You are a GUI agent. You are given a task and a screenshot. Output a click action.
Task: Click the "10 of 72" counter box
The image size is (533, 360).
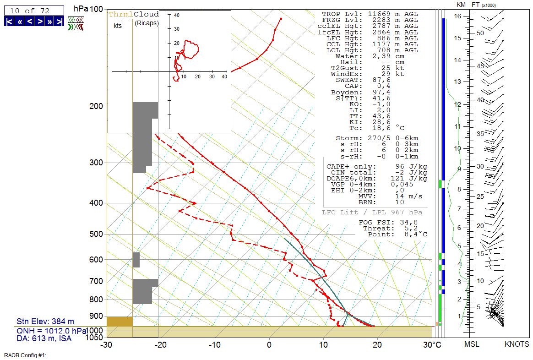(33, 10)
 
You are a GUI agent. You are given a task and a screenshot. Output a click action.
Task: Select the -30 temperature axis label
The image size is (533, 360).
(106, 344)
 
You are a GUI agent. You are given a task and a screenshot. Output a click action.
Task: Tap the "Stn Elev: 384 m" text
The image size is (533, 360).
(45, 322)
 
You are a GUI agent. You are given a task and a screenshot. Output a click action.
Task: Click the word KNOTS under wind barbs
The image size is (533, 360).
(517, 344)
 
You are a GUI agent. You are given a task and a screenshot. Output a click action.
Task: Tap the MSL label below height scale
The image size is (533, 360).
(472, 344)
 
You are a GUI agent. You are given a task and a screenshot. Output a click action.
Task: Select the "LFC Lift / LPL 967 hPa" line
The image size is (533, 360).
(372, 213)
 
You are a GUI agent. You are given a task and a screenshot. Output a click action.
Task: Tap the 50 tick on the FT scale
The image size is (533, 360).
(480, 33)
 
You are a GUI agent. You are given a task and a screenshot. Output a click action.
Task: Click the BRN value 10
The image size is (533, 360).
(399, 202)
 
